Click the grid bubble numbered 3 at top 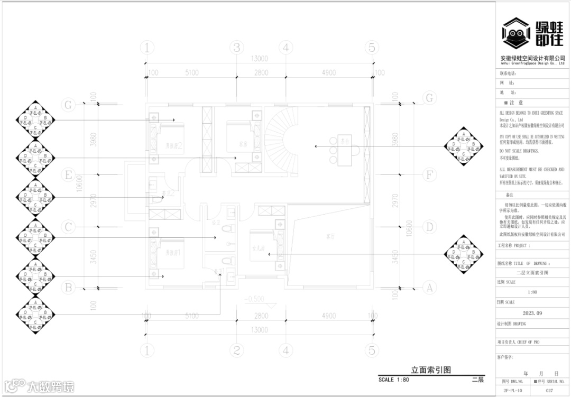click(237, 48)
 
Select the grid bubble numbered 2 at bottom click(236, 350)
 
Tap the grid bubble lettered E click(68, 174)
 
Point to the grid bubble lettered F click(430, 174)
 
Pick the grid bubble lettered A click(430, 288)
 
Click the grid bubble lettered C click(68, 227)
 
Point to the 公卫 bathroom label click(215, 223)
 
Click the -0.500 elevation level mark click(255, 299)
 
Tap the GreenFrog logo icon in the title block click(516, 34)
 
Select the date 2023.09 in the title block click(532, 313)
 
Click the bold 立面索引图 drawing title click(431, 370)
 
